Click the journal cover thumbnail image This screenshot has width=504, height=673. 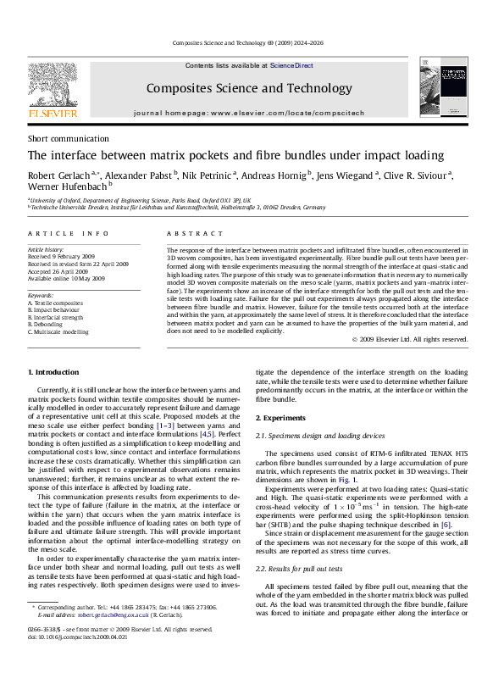click(x=445, y=88)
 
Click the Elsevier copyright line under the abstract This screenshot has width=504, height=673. click(x=409, y=339)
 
